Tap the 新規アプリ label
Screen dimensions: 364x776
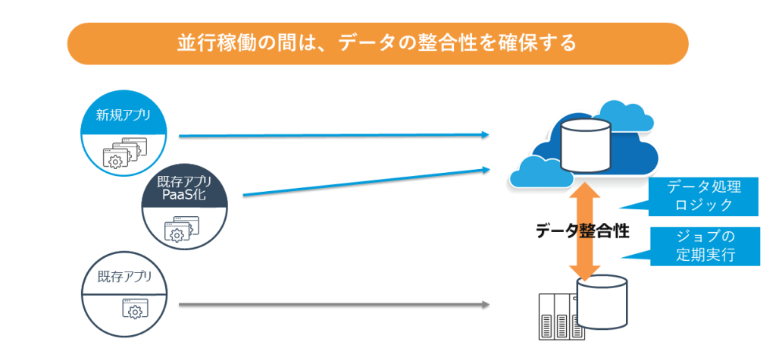[x=123, y=116]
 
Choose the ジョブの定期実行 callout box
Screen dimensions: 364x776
[x=705, y=245]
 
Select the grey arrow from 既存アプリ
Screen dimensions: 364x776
[x=333, y=305]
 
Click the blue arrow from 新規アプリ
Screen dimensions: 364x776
[x=333, y=136]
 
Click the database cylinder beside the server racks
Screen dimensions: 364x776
[x=602, y=300]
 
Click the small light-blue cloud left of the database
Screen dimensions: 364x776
[x=537, y=172]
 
